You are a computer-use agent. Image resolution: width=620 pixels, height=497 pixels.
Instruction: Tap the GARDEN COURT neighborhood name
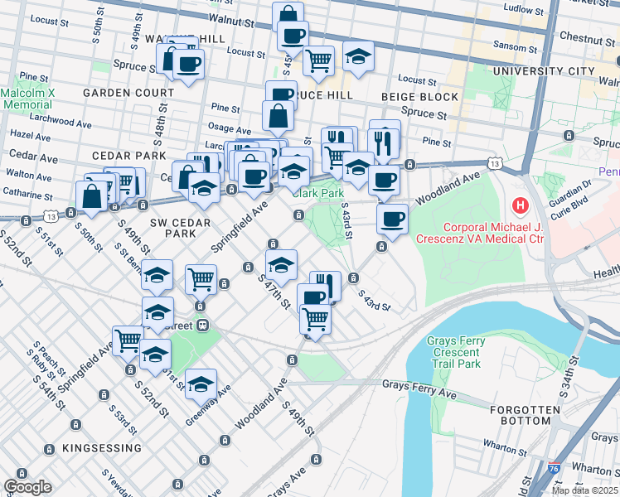click(128, 93)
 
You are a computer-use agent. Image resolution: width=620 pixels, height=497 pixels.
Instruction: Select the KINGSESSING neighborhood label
click(101, 448)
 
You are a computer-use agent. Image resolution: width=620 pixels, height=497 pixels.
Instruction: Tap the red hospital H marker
click(521, 205)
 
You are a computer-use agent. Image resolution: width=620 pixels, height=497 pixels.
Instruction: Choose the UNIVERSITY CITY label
click(543, 72)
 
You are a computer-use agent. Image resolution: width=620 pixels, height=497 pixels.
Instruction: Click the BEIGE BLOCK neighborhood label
click(408, 98)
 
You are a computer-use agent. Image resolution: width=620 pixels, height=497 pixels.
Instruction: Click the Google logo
click(27, 487)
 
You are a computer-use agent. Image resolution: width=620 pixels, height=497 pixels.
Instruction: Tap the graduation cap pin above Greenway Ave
click(201, 384)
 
